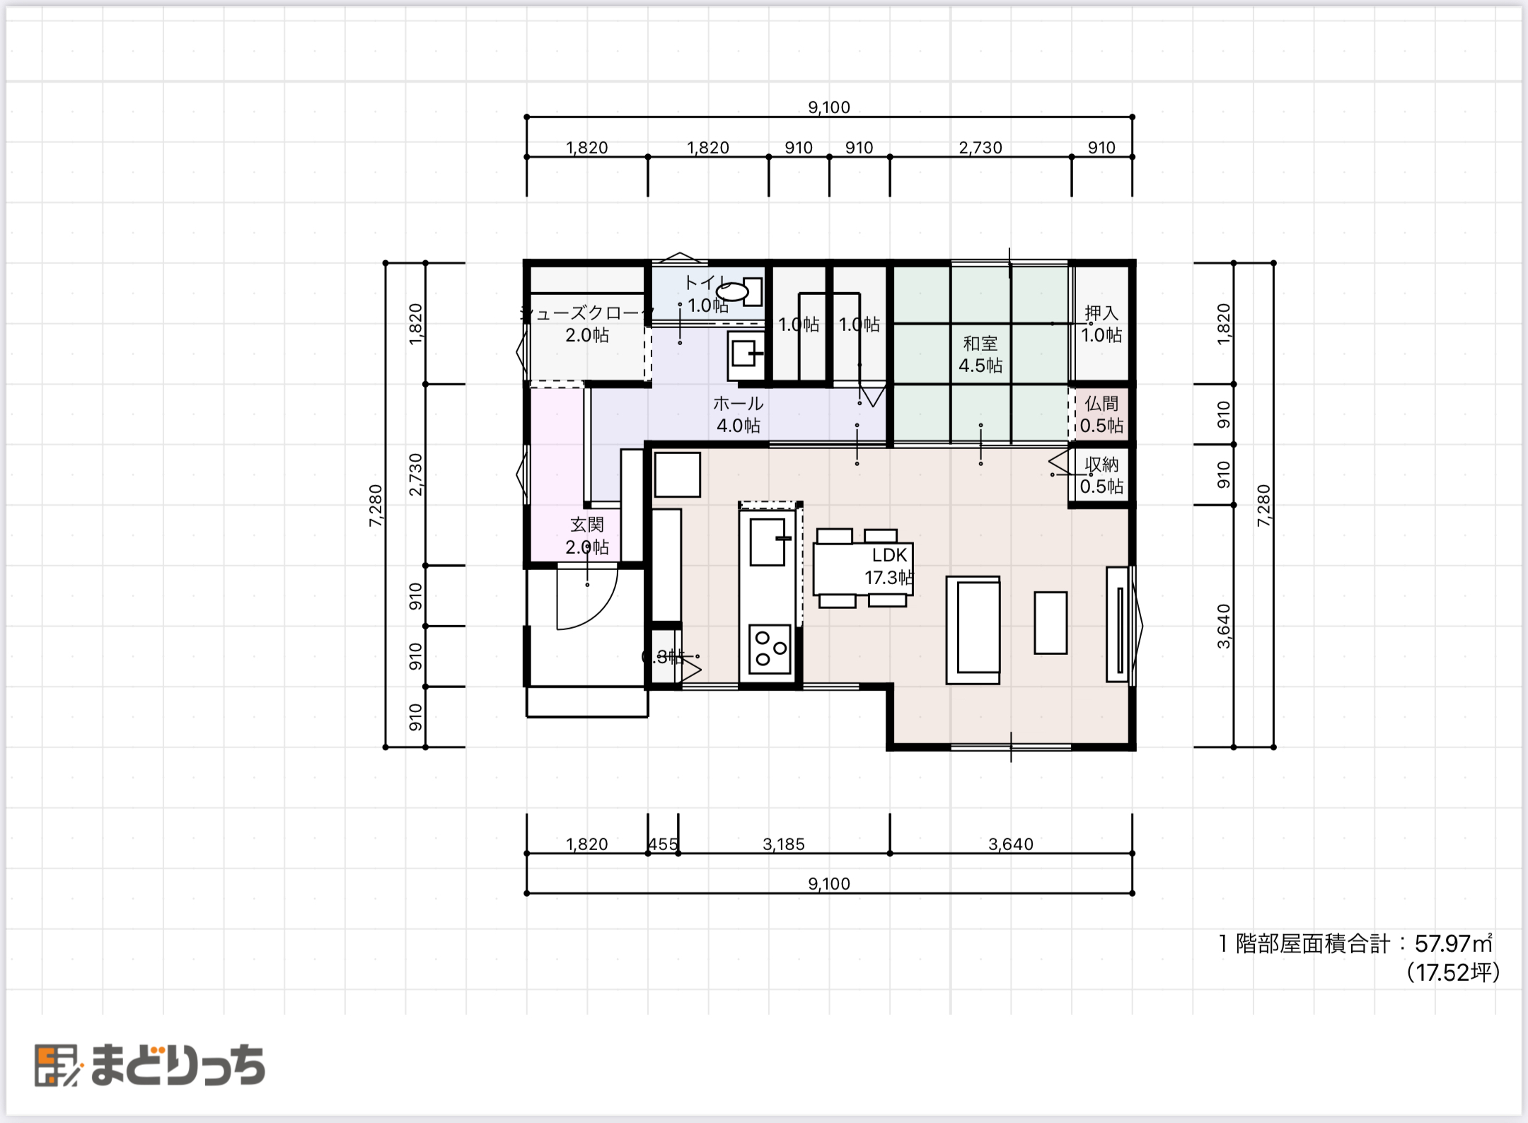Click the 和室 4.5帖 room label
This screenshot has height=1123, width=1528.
click(x=980, y=354)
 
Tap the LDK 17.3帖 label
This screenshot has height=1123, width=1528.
click(x=889, y=566)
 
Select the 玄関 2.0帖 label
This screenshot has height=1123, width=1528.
click(x=586, y=535)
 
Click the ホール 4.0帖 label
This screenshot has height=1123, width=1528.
click(x=738, y=414)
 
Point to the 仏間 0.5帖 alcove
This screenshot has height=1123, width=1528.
click(x=1101, y=414)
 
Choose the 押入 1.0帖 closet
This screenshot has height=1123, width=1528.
click(x=1101, y=324)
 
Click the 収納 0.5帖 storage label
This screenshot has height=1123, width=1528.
click(x=1101, y=475)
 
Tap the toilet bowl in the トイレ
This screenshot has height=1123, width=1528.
click(x=734, y=291)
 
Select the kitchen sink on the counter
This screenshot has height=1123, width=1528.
click(x=768, y=541)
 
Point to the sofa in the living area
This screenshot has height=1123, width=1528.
click(x=973, y=630)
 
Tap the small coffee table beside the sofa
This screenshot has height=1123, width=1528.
click(x=1050, y=622)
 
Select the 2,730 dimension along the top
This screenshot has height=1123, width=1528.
click(x=980, y=148)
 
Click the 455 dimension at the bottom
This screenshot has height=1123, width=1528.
click(x=663, y=844)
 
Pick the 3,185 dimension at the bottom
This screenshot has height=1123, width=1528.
click(x=783, y=844)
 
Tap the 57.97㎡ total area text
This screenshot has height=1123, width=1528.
click(x=1452, y=943)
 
